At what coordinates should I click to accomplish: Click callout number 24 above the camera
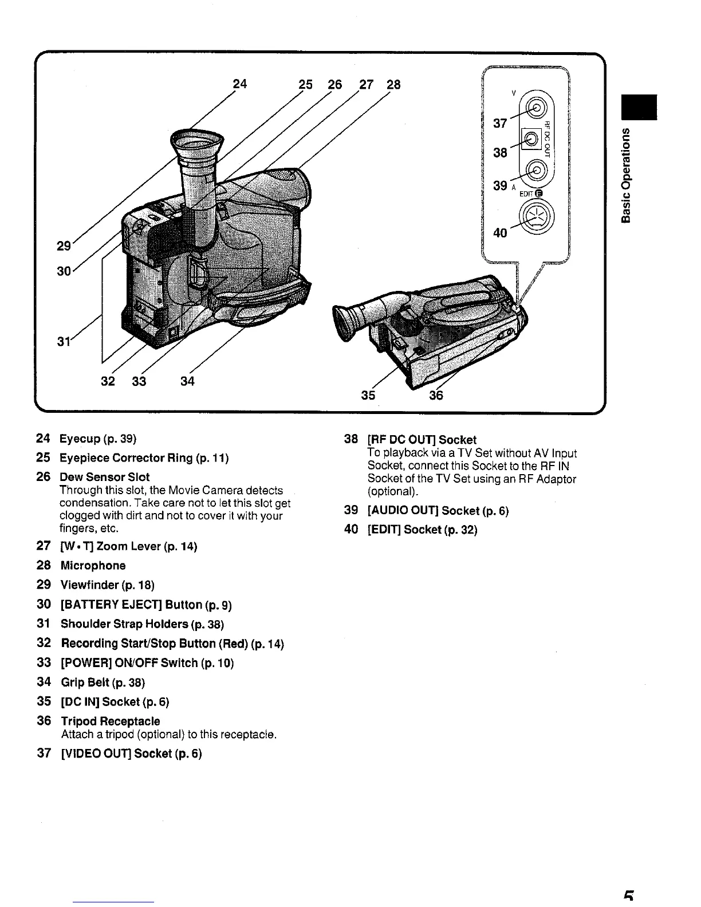click(241, 84)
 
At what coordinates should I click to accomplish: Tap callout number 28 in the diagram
click(393, 85)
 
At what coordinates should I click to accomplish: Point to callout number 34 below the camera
click(187, 381)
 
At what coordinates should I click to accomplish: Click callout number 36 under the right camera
click(436, 395)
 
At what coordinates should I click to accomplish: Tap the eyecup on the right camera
click(347, 322)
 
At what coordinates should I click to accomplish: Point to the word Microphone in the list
click(93, 566)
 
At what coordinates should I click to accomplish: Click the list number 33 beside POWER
click(44, 662)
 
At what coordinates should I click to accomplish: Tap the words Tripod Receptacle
click(110, 721)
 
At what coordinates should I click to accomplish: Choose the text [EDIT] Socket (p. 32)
click(422, 530)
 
